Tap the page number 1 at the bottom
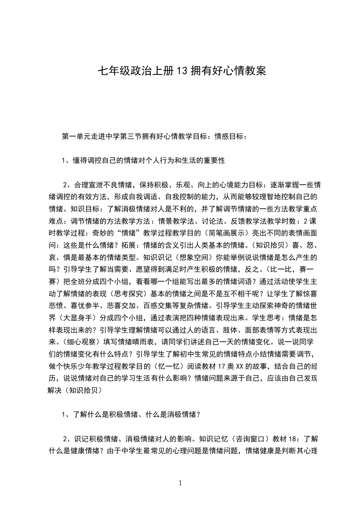(180, 484)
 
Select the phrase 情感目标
(230, 137)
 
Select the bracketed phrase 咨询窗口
(251, 439)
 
